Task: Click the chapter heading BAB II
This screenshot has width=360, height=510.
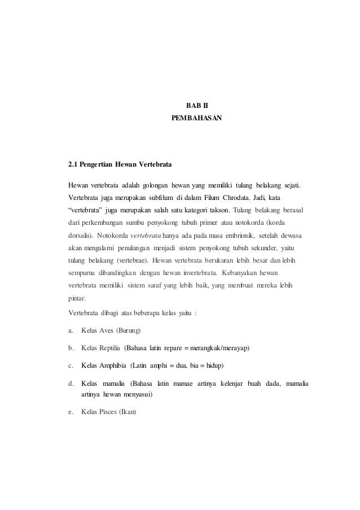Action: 196,105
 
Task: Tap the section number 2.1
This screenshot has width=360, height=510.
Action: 73,165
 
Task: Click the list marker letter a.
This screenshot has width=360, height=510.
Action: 71,329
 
